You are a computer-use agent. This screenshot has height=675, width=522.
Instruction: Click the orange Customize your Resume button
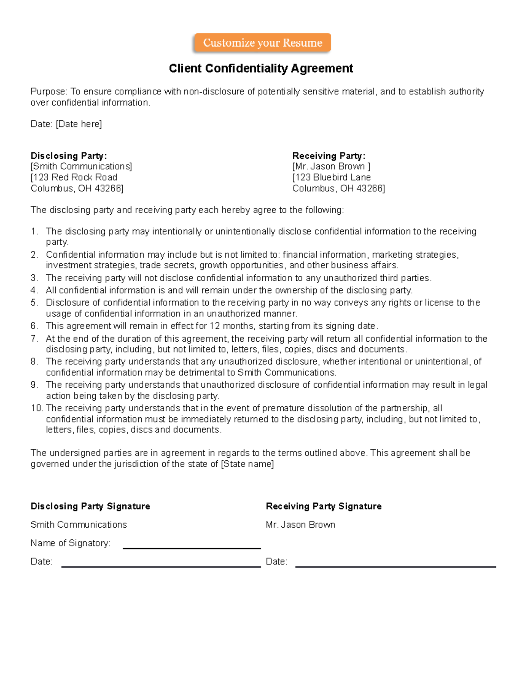point(262,43)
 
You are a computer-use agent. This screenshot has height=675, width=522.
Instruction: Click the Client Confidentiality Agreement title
point(261,69)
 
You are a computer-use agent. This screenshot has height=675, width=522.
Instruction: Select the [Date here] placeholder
point(79,124)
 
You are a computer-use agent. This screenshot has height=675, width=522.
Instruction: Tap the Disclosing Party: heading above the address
point(68,156)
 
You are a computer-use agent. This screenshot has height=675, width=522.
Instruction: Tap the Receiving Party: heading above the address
point(328,156)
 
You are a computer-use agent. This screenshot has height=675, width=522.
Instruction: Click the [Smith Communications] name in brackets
point(81,166)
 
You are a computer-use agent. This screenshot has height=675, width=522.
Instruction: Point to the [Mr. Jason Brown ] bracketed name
point(331,166)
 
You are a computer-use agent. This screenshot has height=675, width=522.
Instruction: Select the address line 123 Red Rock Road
point(74,177)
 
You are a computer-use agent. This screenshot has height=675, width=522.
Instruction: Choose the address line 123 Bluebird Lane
point(332,177)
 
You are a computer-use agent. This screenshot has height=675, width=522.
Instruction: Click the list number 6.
point(34,326)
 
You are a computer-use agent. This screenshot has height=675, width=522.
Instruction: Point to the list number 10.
point(37,408)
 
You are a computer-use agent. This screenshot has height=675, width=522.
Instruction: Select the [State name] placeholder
point(248,464)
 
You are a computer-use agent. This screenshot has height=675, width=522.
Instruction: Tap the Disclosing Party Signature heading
point(90,506)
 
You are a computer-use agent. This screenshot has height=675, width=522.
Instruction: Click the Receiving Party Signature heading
point(324,506)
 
